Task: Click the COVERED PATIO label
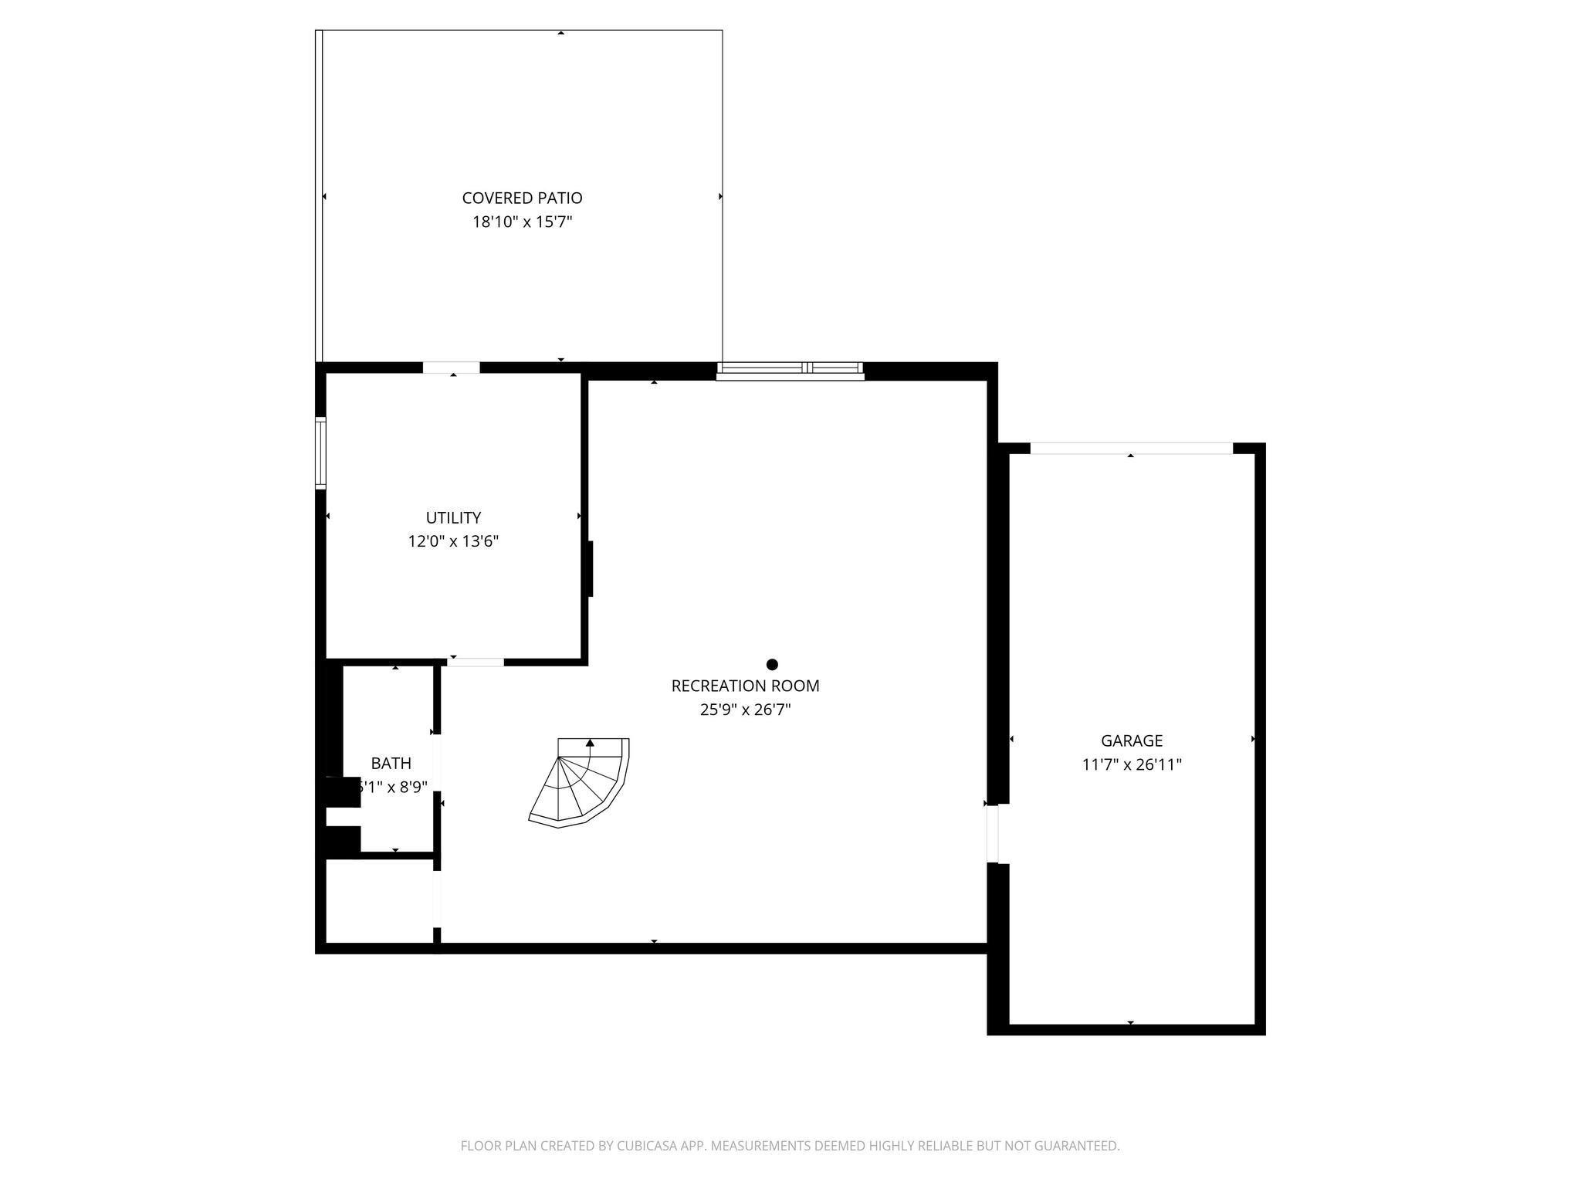coord(522,198)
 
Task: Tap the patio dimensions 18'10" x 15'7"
coord(522,222)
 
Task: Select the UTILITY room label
coord(453,518)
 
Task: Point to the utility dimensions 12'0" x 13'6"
coord(453,542)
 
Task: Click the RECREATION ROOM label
coord(745,686)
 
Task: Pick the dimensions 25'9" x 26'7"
coord(745,710)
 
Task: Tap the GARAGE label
coord(1131,741)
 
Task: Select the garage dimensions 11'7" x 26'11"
coord(1131,765)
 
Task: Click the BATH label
coord(391,764)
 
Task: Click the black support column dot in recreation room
coord(771,665)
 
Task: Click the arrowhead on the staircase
coord(590,743)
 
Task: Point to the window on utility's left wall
coord(320,453)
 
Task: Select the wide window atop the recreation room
coord(790,371)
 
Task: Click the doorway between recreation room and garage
coord(993,834)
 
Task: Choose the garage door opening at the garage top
coord(1131,449)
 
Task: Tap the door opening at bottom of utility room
coord(476,662)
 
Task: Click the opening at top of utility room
coord(452,368)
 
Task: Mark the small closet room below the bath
coord(379,900)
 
